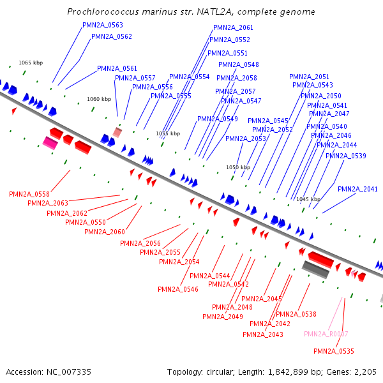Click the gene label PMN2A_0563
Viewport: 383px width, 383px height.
(103, 26)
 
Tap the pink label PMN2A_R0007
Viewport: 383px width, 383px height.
(326, 334)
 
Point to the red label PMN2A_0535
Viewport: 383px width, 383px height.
(333, 351)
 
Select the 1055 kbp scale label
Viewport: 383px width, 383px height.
(168, 134)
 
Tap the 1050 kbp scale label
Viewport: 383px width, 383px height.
(237, 167)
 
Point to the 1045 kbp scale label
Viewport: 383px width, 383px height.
(308, 199)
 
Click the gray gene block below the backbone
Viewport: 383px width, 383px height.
(315, 270)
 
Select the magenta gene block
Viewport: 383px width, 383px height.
(50, 142)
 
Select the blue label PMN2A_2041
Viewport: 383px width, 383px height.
(357, 189)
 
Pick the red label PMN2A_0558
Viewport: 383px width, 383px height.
(29, 194)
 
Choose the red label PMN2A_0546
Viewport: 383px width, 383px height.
(178, 289)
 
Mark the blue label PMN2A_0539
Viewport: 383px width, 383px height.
(346, 156)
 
